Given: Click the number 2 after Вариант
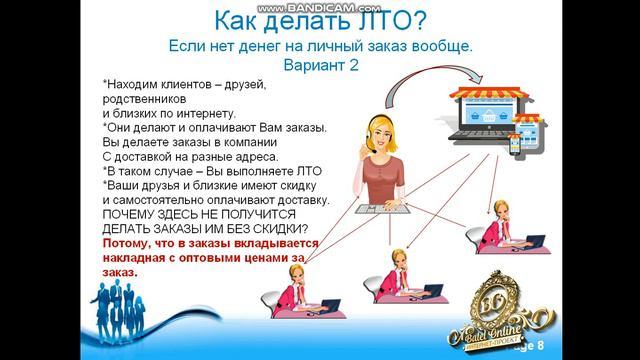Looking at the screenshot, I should point(353,64).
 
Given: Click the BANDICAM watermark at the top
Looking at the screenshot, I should point(320,5).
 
